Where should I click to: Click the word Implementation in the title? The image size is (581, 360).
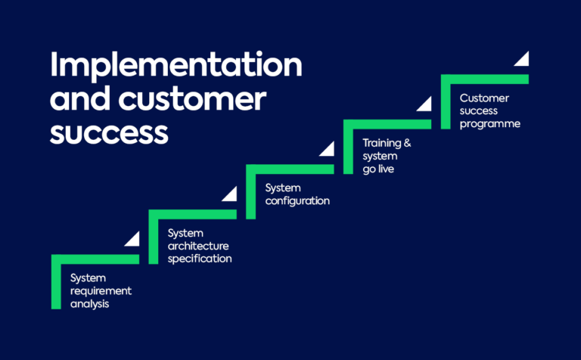click(x=176, y=67)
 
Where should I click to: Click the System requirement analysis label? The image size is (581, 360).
click(x=101, y=291)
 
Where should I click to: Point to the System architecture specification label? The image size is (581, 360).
click(x=199, y=246)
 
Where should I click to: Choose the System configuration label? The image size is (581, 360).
click(x=297, y=194)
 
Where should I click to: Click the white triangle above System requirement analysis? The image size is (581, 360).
click(x=133, y=240)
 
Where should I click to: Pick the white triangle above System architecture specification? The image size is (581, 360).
click(x=230, y=194)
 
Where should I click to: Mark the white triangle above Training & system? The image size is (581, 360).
click(x=424, y=104)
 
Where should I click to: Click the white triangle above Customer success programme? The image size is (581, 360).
click(x=522, y=59)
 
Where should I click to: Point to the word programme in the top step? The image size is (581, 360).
click(x=489, y=124)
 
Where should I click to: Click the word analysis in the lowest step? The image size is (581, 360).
click(x=89, y=304)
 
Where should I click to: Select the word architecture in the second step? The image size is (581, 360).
click(x=198, y=246)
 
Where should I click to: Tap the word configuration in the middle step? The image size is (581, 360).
click(x=297, y=201)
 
